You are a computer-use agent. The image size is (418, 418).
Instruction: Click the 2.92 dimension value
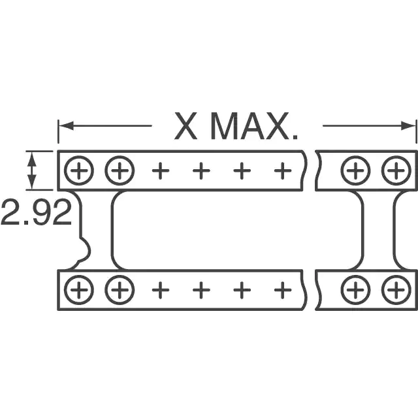[x=37, y=212]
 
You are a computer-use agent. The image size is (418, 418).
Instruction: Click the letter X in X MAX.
[x=185, y=126]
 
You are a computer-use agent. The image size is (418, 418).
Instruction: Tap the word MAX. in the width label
[x=254, y=126]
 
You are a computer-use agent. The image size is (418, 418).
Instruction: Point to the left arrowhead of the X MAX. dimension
[x=66, y=125]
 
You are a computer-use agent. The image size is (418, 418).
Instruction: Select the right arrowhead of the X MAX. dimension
[x=409, y=125]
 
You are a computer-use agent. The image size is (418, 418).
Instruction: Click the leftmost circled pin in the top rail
[x=79, y=170]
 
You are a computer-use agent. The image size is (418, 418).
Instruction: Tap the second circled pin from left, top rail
[x=120, y=170]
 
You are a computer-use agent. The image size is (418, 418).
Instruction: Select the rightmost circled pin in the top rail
[x=396, y=170]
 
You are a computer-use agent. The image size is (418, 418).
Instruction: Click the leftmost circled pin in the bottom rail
[x=79, y=290]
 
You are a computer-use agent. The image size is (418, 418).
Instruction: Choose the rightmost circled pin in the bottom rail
[x=396, y=290]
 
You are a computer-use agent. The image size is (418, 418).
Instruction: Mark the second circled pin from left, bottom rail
[x=120, y=290]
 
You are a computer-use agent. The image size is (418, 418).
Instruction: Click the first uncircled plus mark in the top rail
[x=161, y=170]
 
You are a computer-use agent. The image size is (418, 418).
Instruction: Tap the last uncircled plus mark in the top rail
[x=283, y=170]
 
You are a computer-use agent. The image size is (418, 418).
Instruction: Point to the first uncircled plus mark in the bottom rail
[x=161, y=290]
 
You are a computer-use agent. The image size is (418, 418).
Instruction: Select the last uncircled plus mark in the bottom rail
[x=283, y=290]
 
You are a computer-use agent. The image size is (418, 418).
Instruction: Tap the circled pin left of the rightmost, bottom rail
[x=355, y=290]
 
